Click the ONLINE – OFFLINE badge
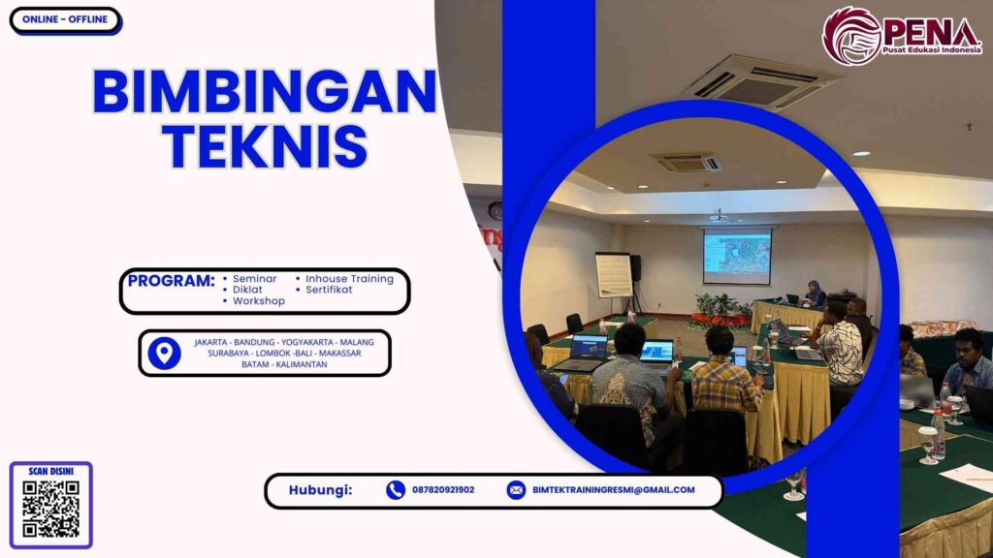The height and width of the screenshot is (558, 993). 65,20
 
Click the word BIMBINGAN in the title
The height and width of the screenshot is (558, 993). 264,93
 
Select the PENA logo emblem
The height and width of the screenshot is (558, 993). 851,36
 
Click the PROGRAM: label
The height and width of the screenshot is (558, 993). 171,281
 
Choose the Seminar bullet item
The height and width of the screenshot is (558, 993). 254,279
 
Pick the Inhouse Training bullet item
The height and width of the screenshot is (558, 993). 349,279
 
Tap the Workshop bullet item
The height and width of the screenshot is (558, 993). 258,301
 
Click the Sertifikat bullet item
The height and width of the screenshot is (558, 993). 329,290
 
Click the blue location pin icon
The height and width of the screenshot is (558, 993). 164,353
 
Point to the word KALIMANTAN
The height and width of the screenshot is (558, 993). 304,364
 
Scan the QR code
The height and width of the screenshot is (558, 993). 50,510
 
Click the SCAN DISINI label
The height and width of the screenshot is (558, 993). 51,471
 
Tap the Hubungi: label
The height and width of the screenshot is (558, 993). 320,490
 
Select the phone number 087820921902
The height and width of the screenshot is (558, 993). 443,490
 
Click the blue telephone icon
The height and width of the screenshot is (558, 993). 395,490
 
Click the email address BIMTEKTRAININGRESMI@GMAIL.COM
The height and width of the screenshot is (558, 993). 613,490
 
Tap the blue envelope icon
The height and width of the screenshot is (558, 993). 516,490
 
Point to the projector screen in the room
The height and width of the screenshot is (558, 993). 737,257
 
